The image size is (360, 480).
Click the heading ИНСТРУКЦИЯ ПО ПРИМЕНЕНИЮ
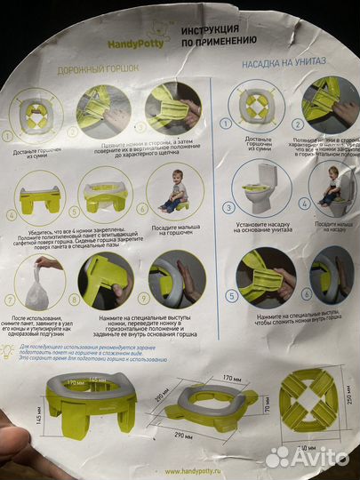pos(220,35)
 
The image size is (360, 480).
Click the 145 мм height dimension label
pos(36,409)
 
